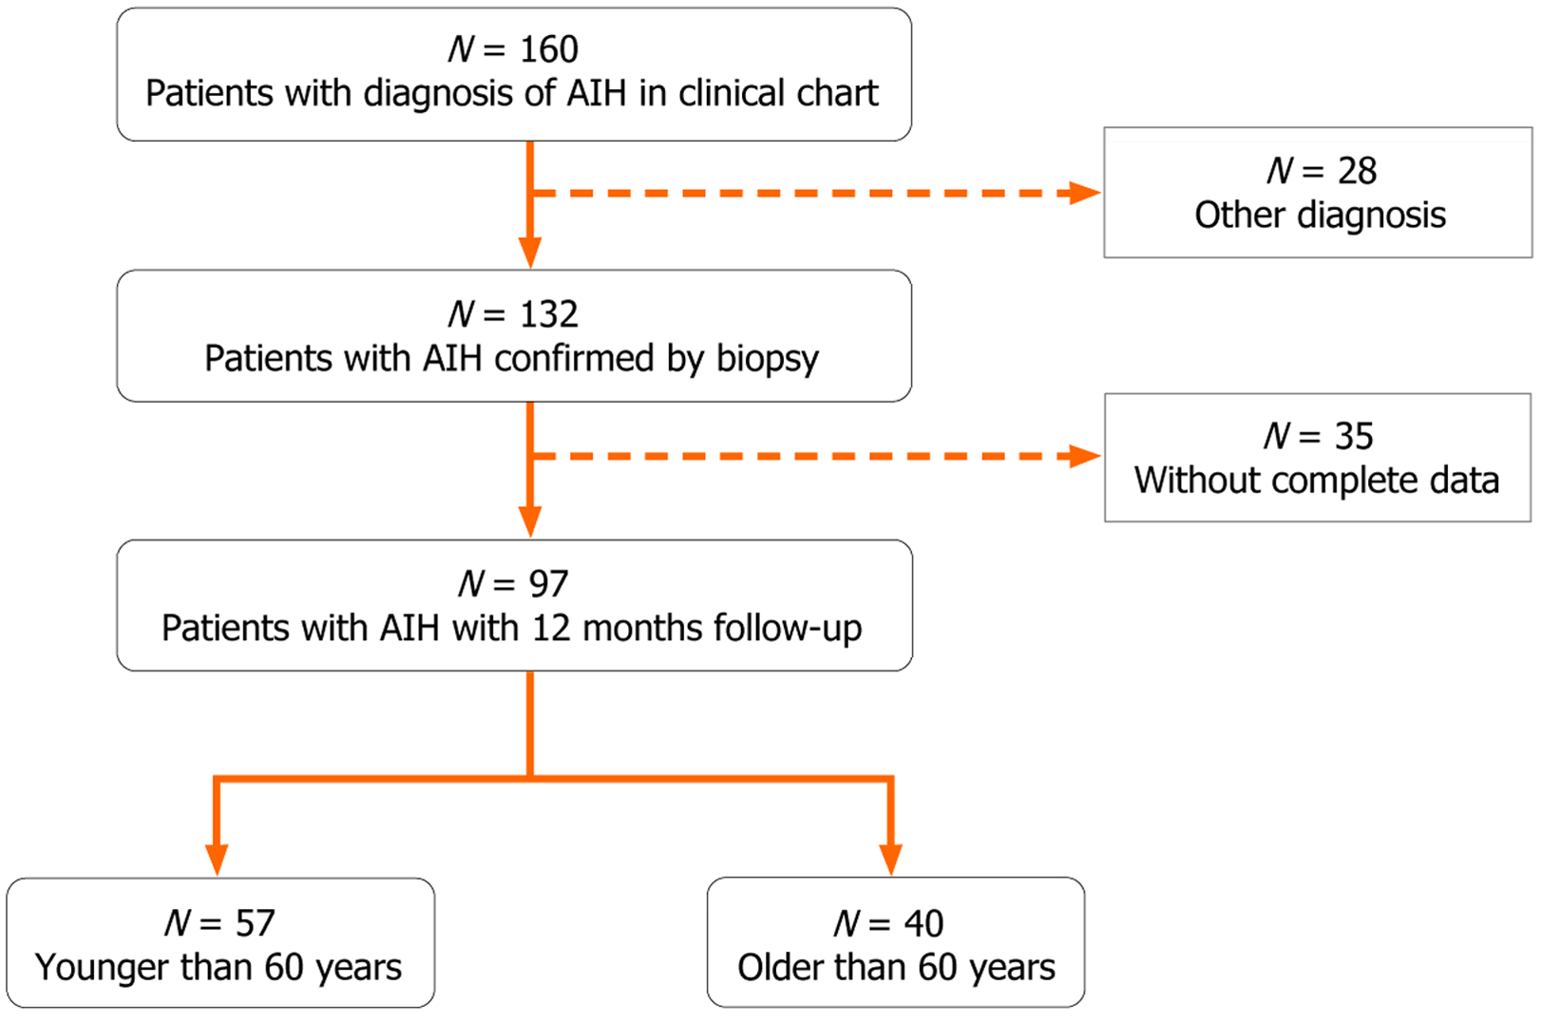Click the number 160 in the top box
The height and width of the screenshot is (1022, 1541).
(549, 49)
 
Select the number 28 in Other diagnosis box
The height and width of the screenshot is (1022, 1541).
(1357, 171)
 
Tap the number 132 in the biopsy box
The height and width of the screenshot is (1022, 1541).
(549, 314)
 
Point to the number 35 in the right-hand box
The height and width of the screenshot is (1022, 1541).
(1354, 436)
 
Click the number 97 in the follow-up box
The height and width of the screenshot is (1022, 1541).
(549, 584)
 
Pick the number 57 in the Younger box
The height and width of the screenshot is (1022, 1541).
(255, 923)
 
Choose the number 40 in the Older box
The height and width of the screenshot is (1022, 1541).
(923, 923)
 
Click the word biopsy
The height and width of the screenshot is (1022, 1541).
(767, 360)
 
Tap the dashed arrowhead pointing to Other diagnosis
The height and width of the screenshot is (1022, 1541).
(1084, 193)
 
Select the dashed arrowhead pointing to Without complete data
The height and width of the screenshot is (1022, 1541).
(1084, 457)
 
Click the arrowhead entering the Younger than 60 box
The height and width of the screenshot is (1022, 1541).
(218, 859)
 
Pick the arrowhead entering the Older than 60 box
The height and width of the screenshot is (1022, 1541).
(890, 859)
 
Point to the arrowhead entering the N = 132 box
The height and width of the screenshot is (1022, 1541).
(530, 254)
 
